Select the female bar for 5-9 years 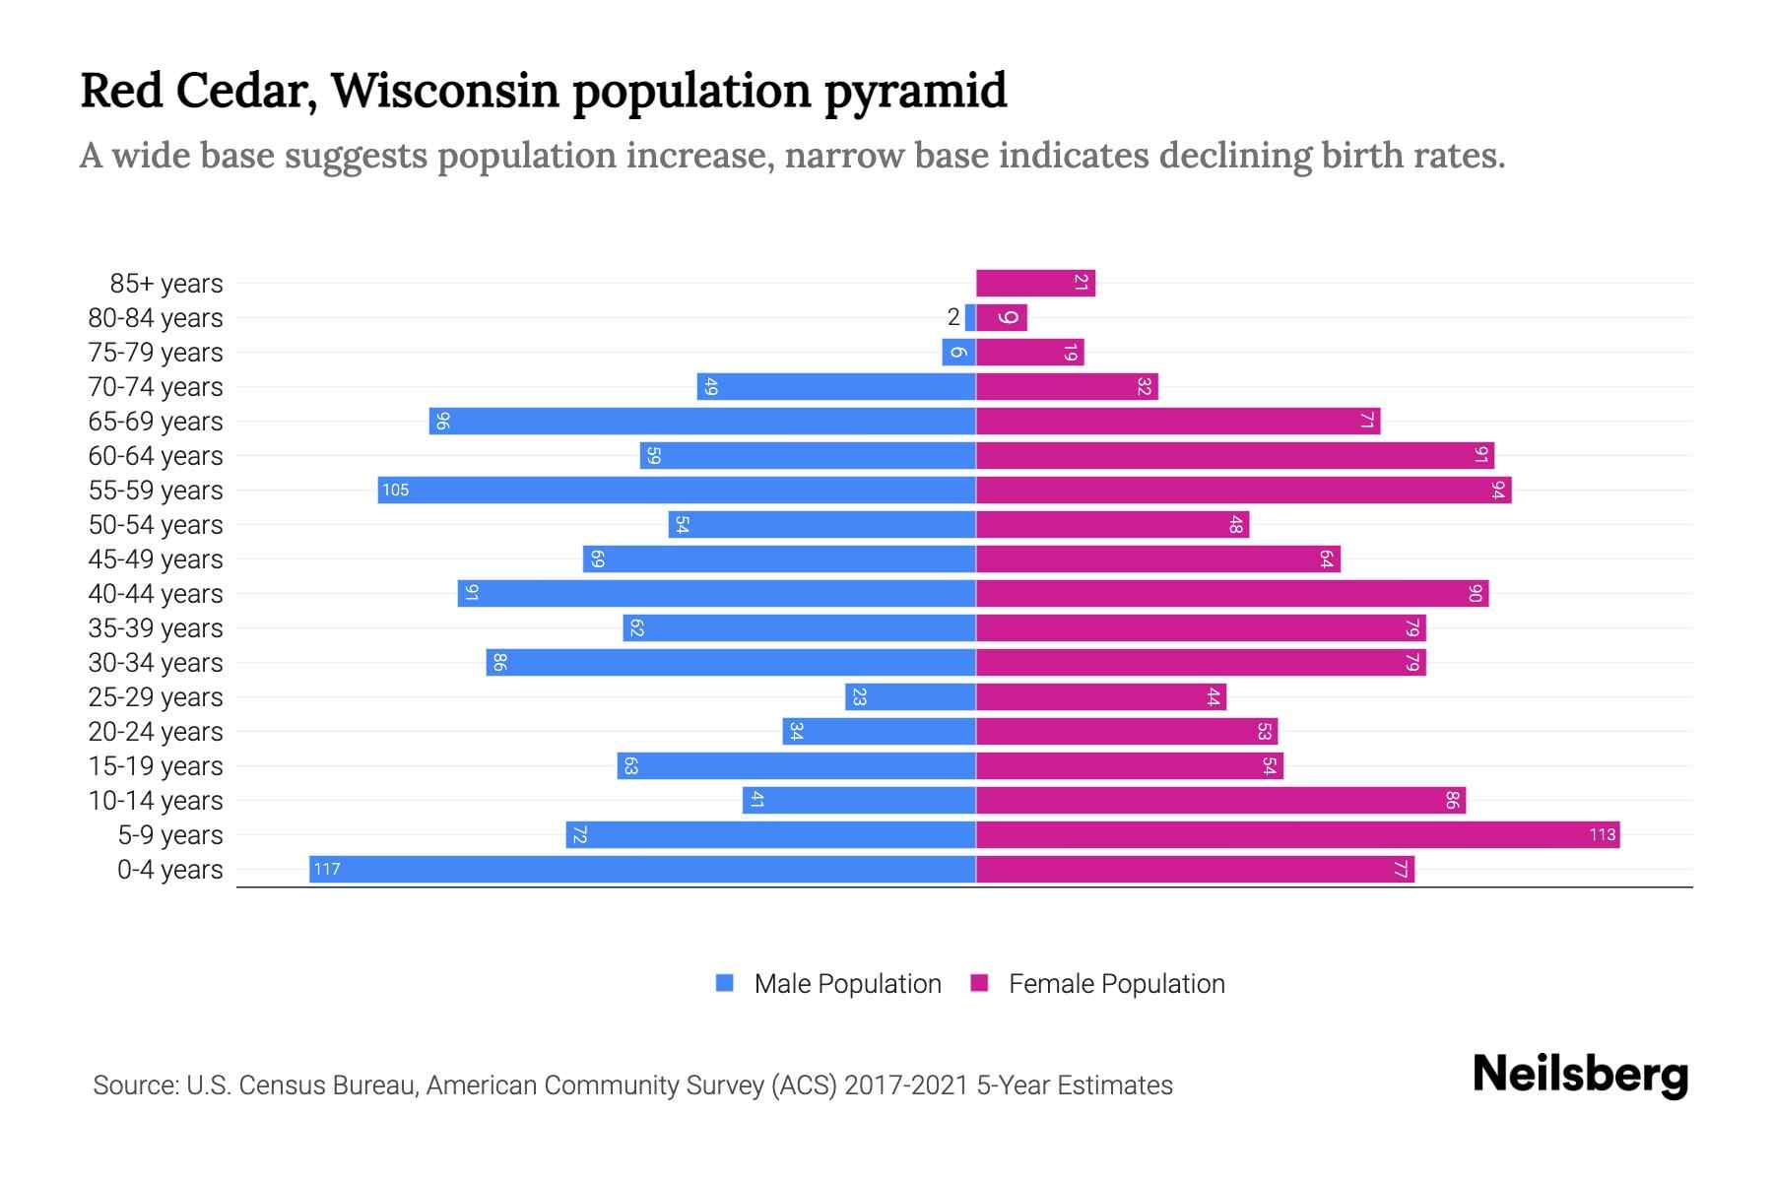(x=1297, y=834)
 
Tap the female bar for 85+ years (x=1035, y=283)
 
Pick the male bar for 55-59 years (x=677, y=490)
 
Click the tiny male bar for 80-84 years (x=970, y=317)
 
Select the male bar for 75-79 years (x=958, y=352)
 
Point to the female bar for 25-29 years (x=1100, y=696)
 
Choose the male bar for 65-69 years (x=702, y=421)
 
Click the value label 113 (x=1602, y=834)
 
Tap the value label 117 (x=327, y=869)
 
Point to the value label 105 (x=395, y=490)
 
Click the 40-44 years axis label (x=156, y=594)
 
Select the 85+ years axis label (x=166, y=284)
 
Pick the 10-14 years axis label (x=156, y=801)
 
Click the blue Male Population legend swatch (x=725, y=983)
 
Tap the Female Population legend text (x=1116, y=983)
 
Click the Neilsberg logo (x=1580, y=1075)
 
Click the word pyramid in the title (x=915, y=91)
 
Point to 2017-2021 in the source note (x=905, y=1085)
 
